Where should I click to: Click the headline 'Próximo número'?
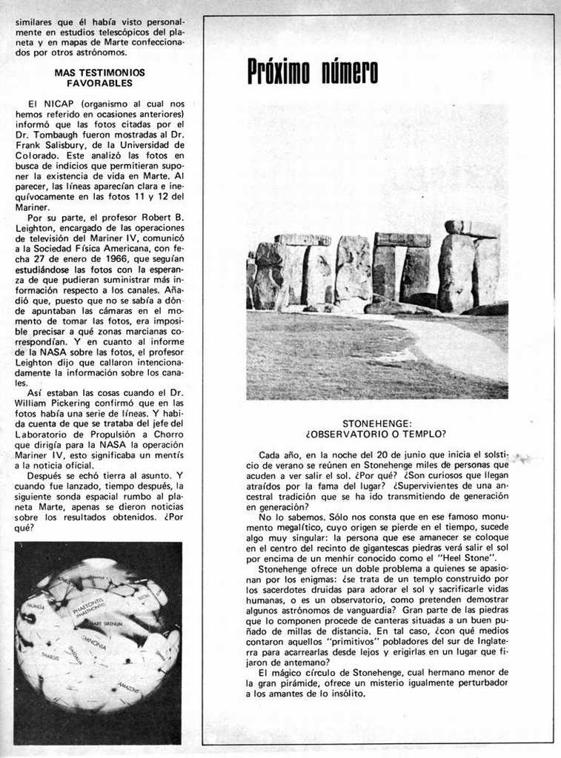(x=312, y=72)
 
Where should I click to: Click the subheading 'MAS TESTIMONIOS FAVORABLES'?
(x=99, y=78)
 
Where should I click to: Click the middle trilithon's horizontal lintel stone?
(x=402, y=240)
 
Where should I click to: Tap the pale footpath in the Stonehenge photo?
(x=452, y=348)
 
